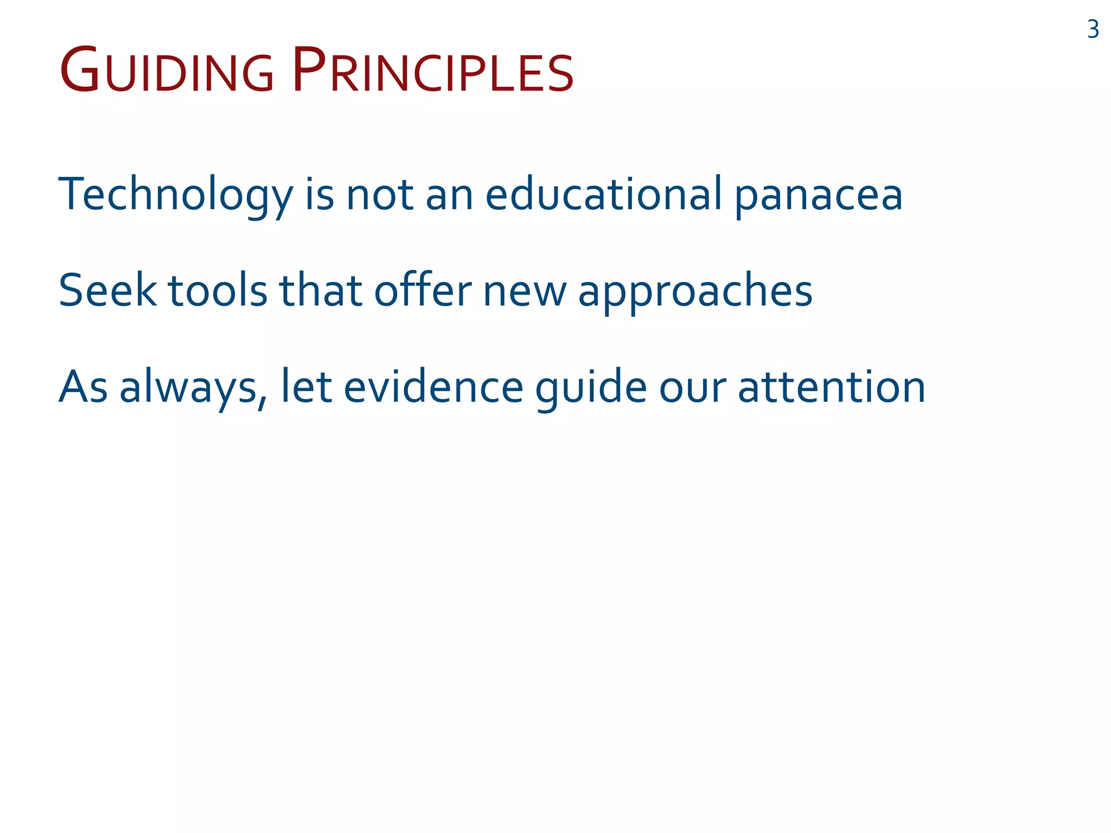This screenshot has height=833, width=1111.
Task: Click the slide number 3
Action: tap(1093, 29)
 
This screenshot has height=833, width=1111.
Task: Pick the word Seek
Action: tap(107, 291)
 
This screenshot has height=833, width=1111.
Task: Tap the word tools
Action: tap(218, 291)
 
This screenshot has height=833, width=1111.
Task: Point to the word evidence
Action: tap(433, 387)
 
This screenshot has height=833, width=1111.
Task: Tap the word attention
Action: tap(832, 387)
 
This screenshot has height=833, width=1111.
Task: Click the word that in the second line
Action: tap(320, 291)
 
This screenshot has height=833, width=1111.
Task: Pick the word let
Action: tap(306, 387)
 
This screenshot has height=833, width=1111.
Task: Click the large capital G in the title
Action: tap(80, 71)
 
